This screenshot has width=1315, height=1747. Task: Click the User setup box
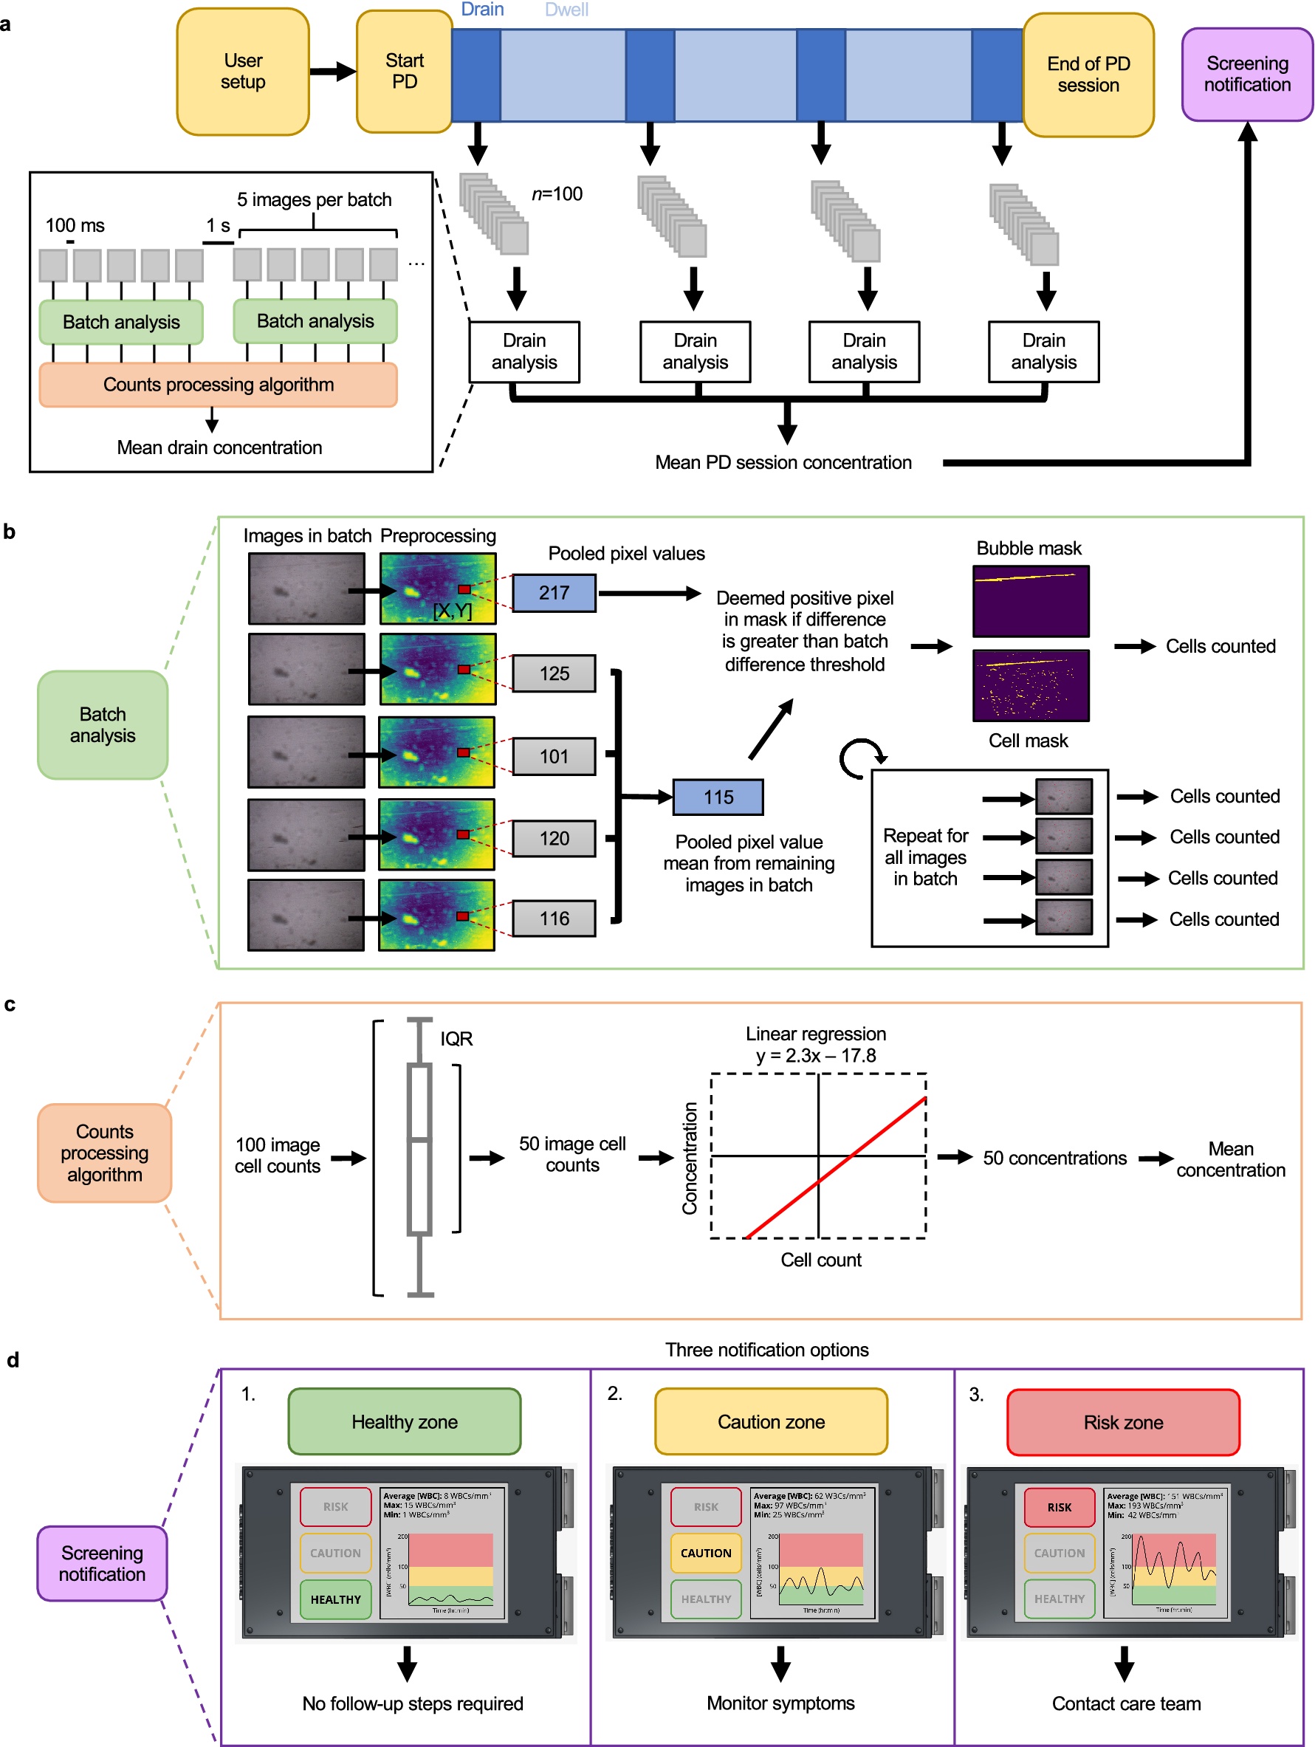(x=242, y=72)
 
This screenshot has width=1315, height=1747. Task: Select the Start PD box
(x=404, y=72)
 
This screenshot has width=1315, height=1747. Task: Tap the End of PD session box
(x=1088, y=75)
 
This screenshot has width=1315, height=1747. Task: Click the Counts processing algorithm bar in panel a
(x=218, y=385)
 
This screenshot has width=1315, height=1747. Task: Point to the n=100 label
(x=557, y=193)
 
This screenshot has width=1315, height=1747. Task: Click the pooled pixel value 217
(x=554, y=593)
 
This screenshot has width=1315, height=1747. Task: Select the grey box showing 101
(x=554, y=757)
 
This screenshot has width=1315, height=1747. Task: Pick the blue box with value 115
(x=718, y=797)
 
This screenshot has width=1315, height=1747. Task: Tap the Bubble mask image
(x=1031, y=601)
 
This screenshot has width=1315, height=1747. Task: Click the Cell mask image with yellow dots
(x=1031, y=685)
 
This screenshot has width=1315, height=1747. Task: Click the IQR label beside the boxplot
(x=456, y=1039)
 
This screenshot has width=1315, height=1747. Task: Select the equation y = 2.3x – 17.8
(x=816, y=1056)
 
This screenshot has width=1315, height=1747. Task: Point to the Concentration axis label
(x=690, y=1158)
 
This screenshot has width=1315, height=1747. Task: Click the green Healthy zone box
(x=405, y=1421)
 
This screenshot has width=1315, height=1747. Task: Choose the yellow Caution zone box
(x=771, y=1421)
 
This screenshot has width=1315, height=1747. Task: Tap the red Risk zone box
(x=1123, y=1422)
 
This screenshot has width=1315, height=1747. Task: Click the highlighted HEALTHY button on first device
(x=336, y=1599)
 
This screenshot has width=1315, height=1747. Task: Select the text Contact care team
(x=1126, y=1703)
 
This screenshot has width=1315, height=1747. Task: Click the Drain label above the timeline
(x=481, y=10)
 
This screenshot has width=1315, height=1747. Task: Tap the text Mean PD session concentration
(x=783, y=463)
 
